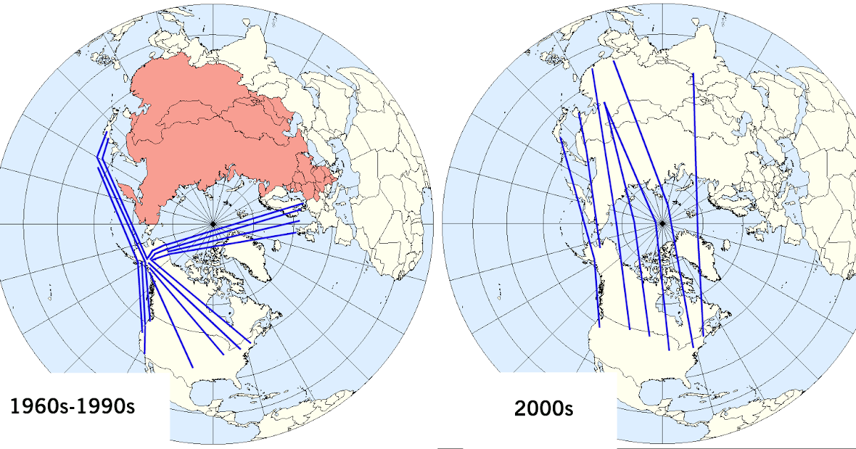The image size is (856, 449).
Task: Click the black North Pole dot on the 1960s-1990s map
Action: coord(213,224)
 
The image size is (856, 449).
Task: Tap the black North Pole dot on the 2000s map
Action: coord(663,224)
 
